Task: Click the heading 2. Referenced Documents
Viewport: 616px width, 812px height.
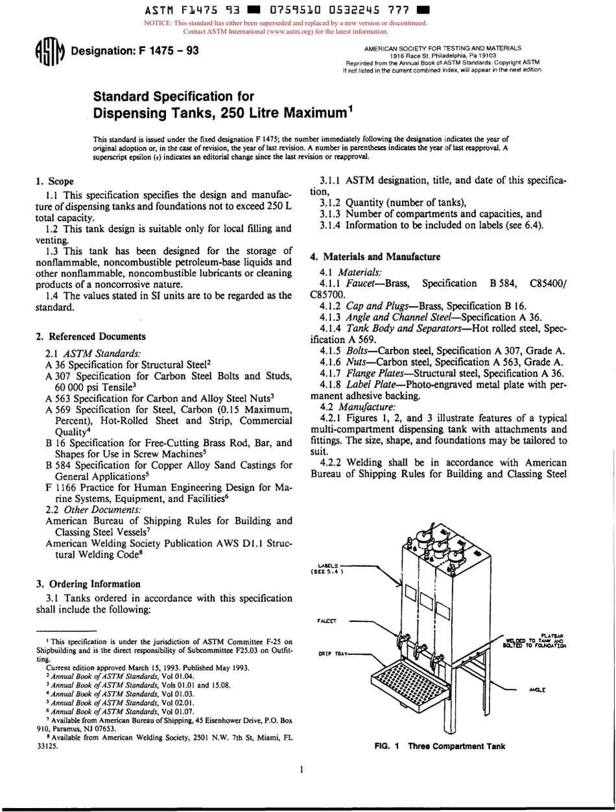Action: pos(90,336)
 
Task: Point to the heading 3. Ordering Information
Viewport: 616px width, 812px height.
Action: pos(88,583)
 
